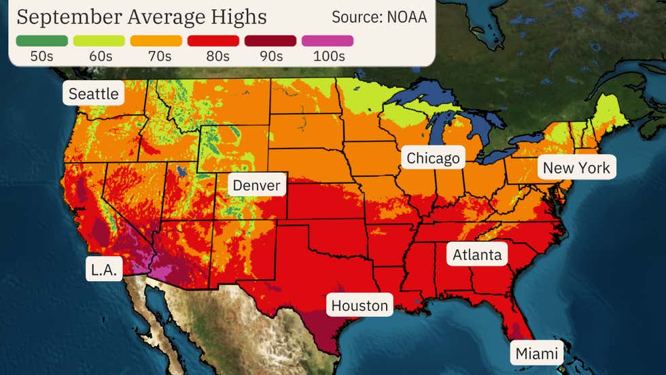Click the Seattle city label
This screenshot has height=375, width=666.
(94, 93)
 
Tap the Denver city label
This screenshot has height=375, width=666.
(256, 185)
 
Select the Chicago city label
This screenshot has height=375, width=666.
(433, 159)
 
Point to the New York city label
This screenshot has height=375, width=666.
(576, 167)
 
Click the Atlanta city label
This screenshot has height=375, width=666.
(477, 255)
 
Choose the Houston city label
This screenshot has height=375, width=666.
(360, 306)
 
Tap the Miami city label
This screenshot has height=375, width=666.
(536, 353)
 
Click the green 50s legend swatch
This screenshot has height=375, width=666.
(42, 41)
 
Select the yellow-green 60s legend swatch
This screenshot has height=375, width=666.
(99, 41)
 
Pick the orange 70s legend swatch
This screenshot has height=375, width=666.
(156, 41)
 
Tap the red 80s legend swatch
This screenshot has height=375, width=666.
(213, 41)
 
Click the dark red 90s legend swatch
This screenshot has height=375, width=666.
(270, 41)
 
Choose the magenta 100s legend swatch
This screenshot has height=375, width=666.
(328, 41)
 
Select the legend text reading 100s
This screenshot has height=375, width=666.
(328, 56)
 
